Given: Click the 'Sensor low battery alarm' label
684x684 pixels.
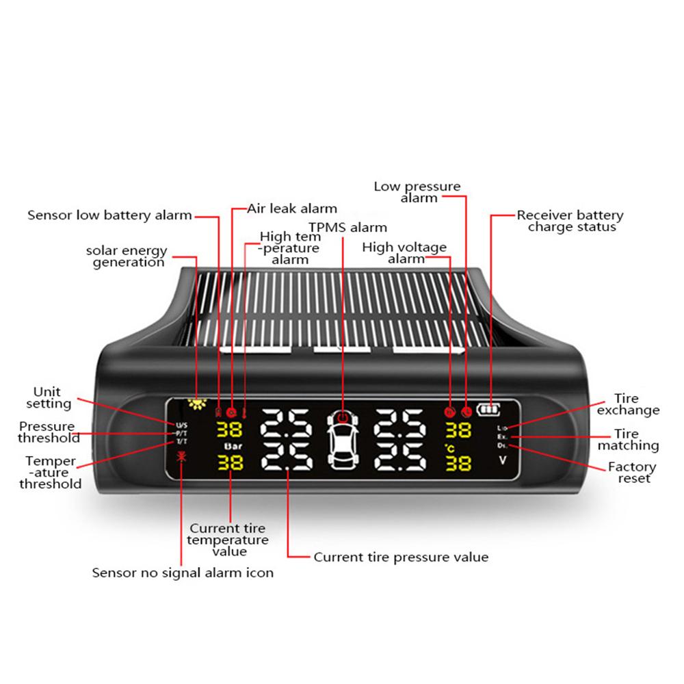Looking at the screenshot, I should pos(109,215).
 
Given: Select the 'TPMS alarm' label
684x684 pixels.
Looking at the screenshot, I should pos(347,227).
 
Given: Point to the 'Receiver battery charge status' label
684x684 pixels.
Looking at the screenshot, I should pos(570,221).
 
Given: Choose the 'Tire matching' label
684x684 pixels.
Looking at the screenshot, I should pos(627,440).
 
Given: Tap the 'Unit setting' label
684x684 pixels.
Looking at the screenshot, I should pos(53,397).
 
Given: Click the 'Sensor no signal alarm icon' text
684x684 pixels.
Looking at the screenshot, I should pos(183,573).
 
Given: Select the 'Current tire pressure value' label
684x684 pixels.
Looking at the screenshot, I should pos(401,557).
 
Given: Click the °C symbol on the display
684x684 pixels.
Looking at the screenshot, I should pos(451,447).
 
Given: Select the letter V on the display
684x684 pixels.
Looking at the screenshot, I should pos(502,461).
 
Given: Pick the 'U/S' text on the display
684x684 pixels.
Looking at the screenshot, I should pos(181,425).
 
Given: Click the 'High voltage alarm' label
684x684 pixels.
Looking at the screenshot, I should pos(404,252).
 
